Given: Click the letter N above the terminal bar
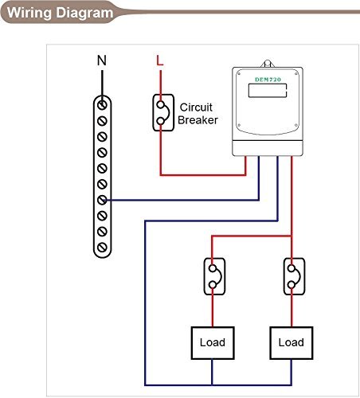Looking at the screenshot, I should coord(100,60).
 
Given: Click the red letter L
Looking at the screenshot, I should coord(160,60).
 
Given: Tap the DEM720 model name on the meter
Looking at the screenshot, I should coord(267,79).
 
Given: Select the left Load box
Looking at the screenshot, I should coord(212,342).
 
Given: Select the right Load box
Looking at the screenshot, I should coord(291,342).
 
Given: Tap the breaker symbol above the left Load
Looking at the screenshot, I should coord(212,278).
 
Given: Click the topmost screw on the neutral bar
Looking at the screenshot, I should coord(101,103).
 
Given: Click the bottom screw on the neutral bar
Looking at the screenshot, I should coord(101,248).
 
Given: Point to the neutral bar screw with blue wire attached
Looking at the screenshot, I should coord(101,200).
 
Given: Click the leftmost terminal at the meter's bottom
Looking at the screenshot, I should coord(245,159).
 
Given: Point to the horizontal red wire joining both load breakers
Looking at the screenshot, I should coord(251,236).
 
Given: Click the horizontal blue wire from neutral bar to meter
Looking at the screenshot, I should coord(183,200).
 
